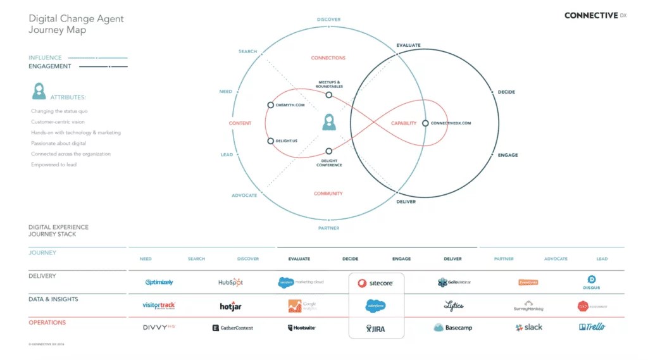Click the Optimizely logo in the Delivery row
tap(159, 282)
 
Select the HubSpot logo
tap(230, 282)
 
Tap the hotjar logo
tap(230, 306)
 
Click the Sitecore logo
tap(376, 283)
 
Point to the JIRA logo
tap(376, 329)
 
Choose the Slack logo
tap(529, 327)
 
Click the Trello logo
tap(592, 327)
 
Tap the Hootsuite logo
tap(301, 328)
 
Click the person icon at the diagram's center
tap(328, 122)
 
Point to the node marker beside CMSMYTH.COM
tap(270, 105)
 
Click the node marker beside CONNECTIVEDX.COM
tap(425, 123)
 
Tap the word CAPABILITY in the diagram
tap(404, 123)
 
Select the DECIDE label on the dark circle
tap(506, 92)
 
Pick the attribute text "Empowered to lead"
tap(54, 164)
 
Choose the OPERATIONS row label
tap(47, 323)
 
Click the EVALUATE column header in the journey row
tap(299, 259)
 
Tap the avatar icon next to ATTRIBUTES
tap(39, 91)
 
